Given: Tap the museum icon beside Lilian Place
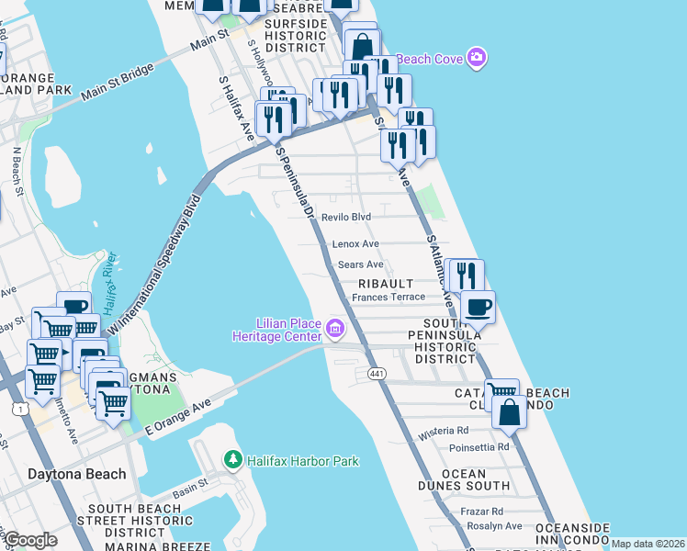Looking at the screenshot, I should pos(335,328).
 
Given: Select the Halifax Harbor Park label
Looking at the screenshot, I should pos(303,461).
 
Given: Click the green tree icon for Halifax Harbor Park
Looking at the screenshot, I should pos(234,459).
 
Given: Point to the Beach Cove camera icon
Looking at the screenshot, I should pos(476,58).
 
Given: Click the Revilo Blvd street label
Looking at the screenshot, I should pos(345,217).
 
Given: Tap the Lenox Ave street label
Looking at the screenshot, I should pos(355,244).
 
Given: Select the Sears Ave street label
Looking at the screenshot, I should pos(360,264).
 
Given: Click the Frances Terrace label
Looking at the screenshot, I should pos(389,297).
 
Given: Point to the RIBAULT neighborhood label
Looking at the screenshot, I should pos(392,284).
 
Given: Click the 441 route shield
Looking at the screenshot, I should pos(377,374).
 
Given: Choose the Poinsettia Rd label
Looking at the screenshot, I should pos(479,447).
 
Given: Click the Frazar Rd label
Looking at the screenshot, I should pos(483,511).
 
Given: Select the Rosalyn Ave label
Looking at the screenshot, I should pos(492,526).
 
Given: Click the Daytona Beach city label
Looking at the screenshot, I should pos(63,475).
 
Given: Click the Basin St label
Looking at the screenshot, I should pos(192,490).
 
